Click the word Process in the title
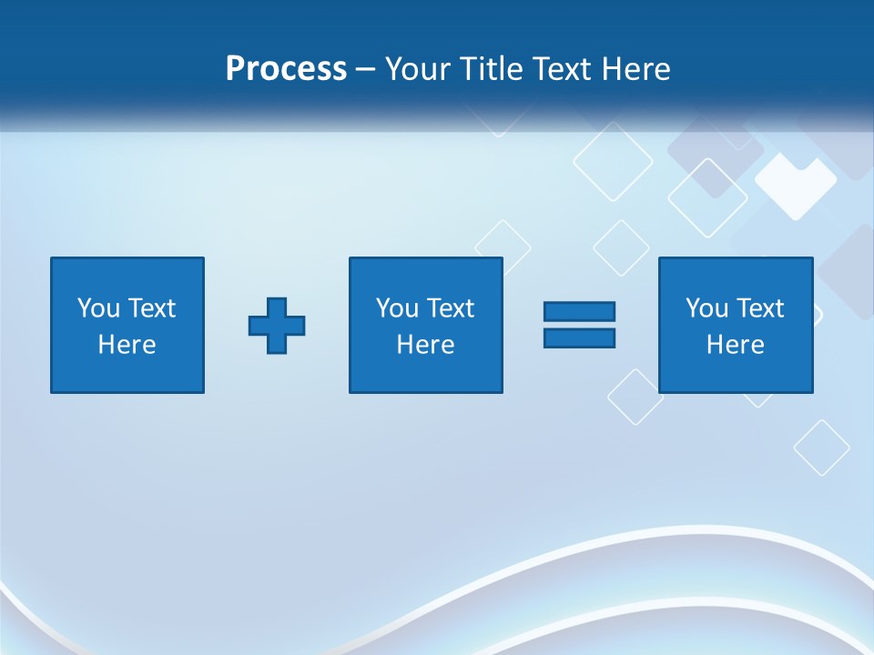[x=286, y=69]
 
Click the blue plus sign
[x=277, y=325]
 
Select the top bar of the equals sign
[x=579, y=311]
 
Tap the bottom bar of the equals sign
[x=579, y=338]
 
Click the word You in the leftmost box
[x=98, y=308]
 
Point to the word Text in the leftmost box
[x=151, y=308]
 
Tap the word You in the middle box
[x=397, y=308]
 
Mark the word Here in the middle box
[x=426, y=345]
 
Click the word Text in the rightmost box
[x=759, y=308]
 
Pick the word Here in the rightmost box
[x=736, y=345]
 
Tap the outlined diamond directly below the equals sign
[x=635, y=397]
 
